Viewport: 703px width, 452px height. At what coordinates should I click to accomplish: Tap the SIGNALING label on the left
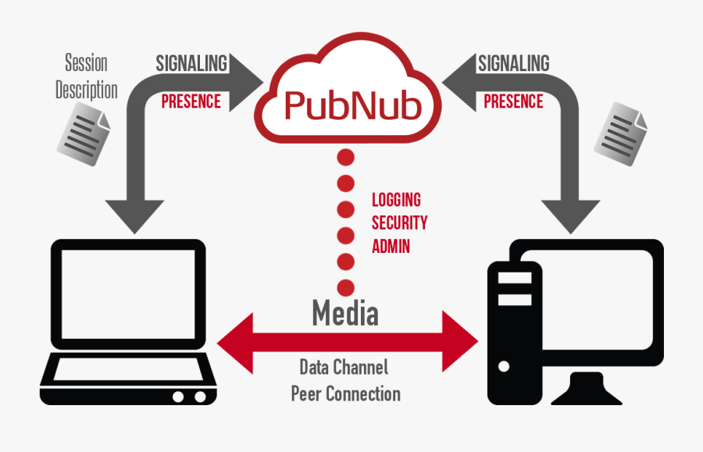click(191, 63)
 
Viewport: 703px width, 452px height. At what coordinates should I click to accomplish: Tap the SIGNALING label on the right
click(513, 63)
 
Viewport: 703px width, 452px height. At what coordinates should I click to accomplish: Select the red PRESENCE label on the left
click(191, 101)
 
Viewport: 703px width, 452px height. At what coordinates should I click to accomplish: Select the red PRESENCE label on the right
click(513, 101)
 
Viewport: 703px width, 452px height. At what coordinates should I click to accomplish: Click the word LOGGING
click(397, 201)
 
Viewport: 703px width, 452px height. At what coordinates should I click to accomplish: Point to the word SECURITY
click(399, 222)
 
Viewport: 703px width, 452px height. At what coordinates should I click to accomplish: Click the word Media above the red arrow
click(344, 313)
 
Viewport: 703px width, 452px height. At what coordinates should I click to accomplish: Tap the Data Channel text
click(344, 367)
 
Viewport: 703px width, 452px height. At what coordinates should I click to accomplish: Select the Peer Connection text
click(345, 393)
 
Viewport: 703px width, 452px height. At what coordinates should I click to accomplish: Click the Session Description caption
click(86, 77)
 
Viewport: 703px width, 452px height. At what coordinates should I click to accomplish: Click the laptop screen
click(127, 294)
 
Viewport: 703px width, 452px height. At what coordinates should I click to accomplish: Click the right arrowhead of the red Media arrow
click(460, 341)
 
